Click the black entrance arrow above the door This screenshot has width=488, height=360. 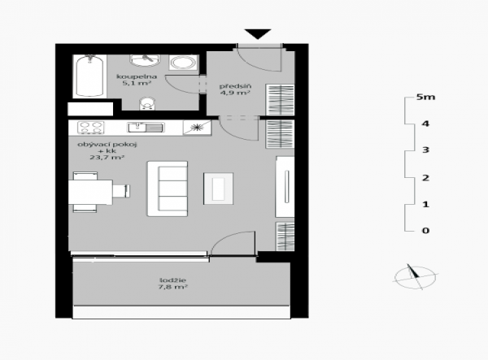pyautogui.click(x=258, y=33)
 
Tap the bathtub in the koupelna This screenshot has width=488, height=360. pyautogui.click(x=89, y=76)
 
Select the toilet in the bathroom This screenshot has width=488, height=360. pyautogui.click(x=147, y=103)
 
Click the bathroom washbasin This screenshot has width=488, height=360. pyautogui.click(x=145, y=60)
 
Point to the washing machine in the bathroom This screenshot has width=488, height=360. pyautogui.click(x=183, y=63)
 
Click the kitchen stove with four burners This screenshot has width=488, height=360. pyautogui.click(x=90, y=128)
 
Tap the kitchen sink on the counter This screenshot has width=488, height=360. pyautogui.click(x=146, y=128)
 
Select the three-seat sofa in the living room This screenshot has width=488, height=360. pyautogui.click(x=168, y=189)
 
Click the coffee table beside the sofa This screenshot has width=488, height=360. pyautogui.click(x=219, y=189)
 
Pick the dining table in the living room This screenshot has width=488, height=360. pyautogui.click(x=90, y=192)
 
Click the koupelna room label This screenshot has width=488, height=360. pyautogui.click(x=137, y=76)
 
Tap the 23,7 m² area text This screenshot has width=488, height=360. pyautogui.click(x=107, y=158)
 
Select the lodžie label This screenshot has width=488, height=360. pyautogui.click(x=172, y=280)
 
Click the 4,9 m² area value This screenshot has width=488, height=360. pyautogui.click(x=235, y=93)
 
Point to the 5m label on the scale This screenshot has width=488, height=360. pyautogui.click(x=425, y=97)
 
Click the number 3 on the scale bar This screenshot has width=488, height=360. pyautogui.click(x=425, y=150)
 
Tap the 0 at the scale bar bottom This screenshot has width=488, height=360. pyautogui.click(x=425, y=230)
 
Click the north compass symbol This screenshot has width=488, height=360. pyautogui.click(x=415, y=277)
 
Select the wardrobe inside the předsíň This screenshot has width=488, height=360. pyautogui.click(x=280, y=100)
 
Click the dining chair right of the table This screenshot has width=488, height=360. pyautogui.click(x=121, y=191)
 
